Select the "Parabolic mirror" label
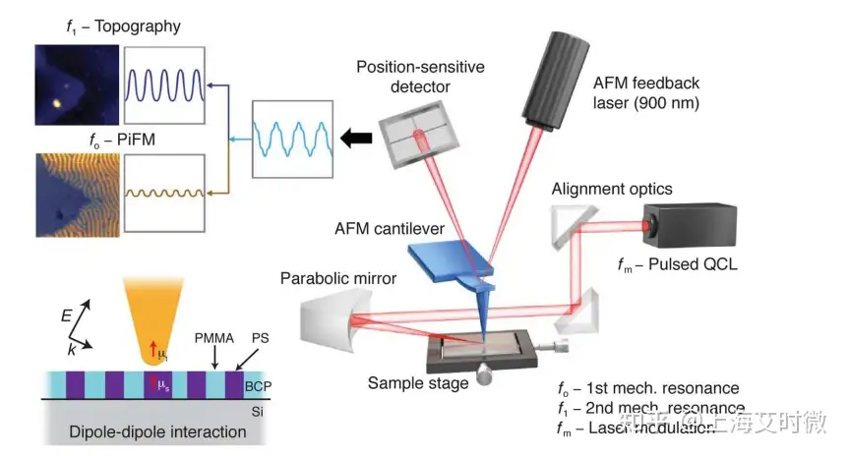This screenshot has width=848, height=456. pyautogui.click(x=338, y=279)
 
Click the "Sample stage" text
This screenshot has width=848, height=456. pyautogui.click(x=418, y=382)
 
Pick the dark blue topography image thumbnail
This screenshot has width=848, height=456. pyautogui.click(x=76, y=85)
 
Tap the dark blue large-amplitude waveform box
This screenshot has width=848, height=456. pyautogui.click(x=165, y=85)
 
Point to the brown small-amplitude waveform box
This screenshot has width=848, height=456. pyautogui.click(x=165, y=192)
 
